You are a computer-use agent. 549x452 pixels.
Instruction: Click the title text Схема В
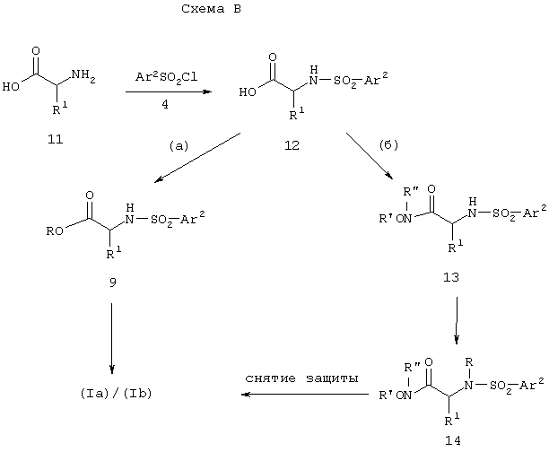[x=211, y=9]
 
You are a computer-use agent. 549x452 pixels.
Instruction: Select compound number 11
[x=56, y=139]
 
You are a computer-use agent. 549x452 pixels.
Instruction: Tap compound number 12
[x=292, y=145]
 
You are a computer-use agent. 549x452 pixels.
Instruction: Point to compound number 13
[x=451, y=277]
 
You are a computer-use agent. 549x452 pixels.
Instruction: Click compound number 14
[x=453, y=440]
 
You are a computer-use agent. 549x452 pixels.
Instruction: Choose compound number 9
[x=112, y=282]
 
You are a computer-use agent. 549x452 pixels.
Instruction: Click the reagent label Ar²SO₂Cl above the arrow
[x=166, y=77]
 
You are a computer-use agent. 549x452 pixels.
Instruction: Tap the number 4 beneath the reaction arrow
[x=165, y=104]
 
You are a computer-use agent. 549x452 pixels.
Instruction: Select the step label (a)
[x=179, y=145]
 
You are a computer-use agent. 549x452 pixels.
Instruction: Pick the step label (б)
[x=389, y=144]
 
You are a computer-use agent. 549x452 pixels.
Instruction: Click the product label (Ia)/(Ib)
[x=116, y=394]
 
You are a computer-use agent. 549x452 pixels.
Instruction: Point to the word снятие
[x=270, y=378]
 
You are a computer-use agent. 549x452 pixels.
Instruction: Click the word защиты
[x=332, y=379]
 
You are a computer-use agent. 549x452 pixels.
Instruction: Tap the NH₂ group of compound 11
[x=83, y=76]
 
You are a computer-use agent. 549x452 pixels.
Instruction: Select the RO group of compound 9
[x=55, y=231]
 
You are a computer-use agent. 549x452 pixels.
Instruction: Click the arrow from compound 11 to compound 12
[x=169, y=91]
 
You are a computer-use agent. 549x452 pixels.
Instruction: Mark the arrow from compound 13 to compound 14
[x=457, y=321]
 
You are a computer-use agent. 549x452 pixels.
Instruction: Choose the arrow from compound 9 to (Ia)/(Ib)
[x=112, y=339]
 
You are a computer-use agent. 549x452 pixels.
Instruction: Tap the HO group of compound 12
[x=248, y=92]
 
